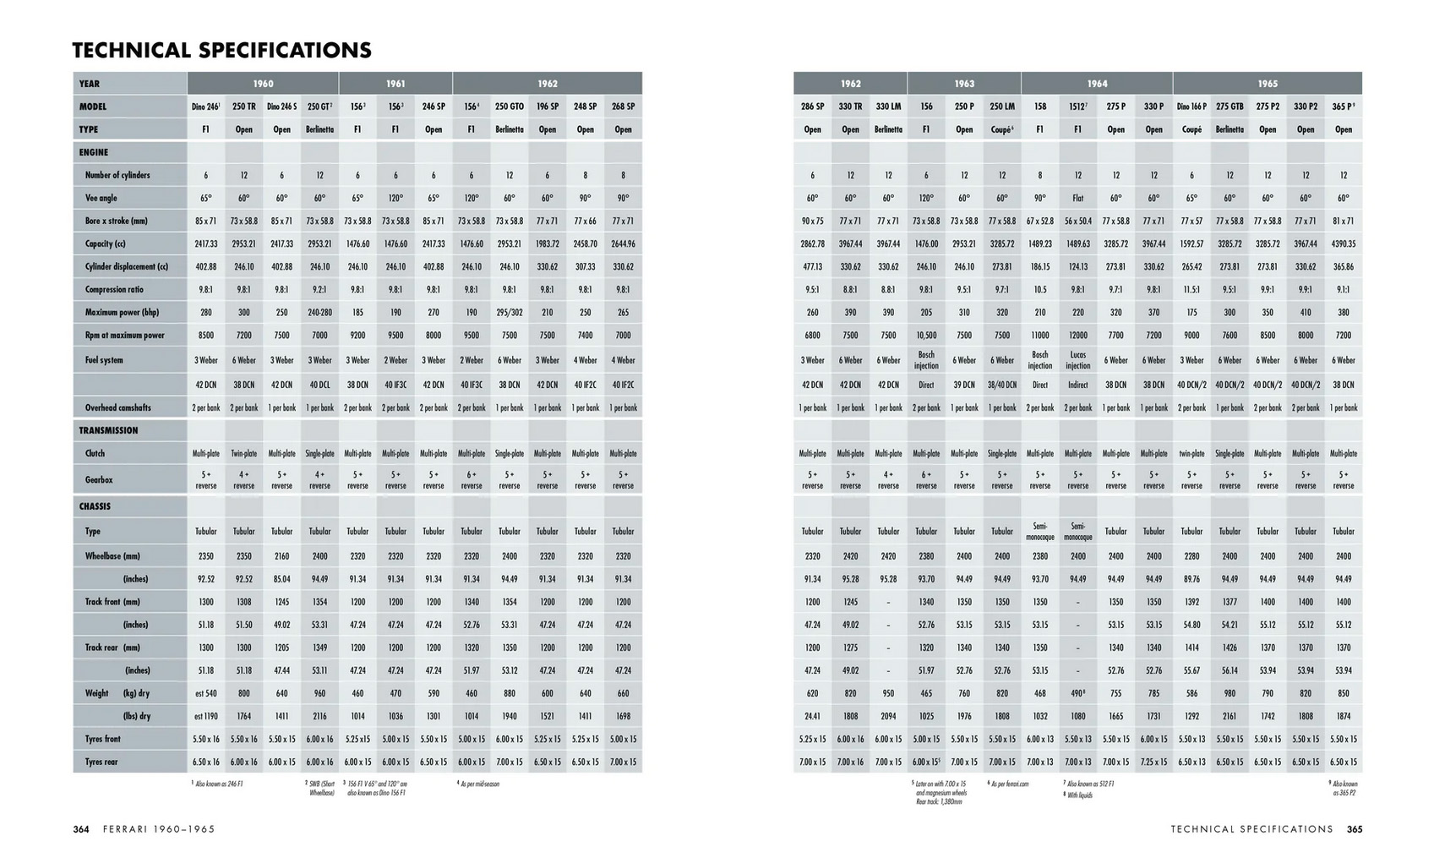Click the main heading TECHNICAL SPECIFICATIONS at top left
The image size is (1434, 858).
pos(221,51)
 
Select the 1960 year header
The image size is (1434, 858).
pos(263,84)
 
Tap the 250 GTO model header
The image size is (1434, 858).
pos(510,107)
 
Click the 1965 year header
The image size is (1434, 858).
pos(1268,84)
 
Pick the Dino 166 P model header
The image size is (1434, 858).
pos(1191,107)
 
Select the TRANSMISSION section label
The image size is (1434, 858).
pos(108,430)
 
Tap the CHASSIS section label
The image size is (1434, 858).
pos(95,506)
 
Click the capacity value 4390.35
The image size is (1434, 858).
pos(1344,243)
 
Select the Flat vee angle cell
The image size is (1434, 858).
pos(1078,198)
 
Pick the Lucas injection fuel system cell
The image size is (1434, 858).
pos(1078,360)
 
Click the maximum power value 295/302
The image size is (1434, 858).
pos(510,312)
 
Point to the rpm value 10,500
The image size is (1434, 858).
pos(926,335)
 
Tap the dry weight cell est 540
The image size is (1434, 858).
pos(206,693)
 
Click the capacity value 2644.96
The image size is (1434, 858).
pos(624,243)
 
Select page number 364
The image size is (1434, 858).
pos(81,829)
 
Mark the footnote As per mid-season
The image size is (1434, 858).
pos(479,784)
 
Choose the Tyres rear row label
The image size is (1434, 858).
pos(101,762)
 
